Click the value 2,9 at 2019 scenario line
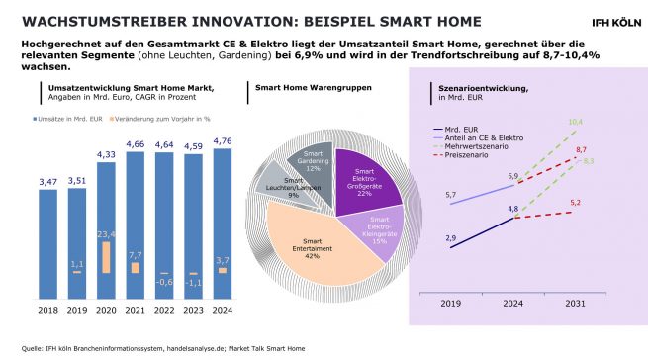(451, 238)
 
